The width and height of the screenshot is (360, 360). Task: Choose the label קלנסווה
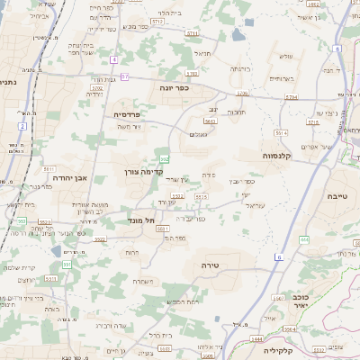click(x=280, y=156)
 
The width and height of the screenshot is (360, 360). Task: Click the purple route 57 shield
click(x=123, y=76)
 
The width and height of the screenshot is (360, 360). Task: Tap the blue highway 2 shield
click(x=21, y=126)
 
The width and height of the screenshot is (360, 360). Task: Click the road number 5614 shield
click(x=281, y=132)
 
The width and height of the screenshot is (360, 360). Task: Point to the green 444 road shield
click(x=304, y=239)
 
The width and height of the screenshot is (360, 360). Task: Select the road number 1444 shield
click(x=256, y=338)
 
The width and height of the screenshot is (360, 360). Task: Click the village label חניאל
click(x=202, y=53)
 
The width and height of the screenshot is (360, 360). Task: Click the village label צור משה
click(x=130, y=127)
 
